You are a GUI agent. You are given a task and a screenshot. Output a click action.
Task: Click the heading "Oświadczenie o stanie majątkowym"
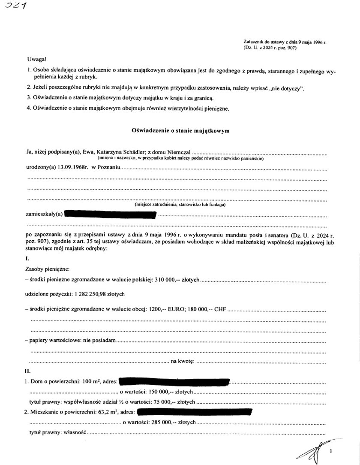(180, 131)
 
